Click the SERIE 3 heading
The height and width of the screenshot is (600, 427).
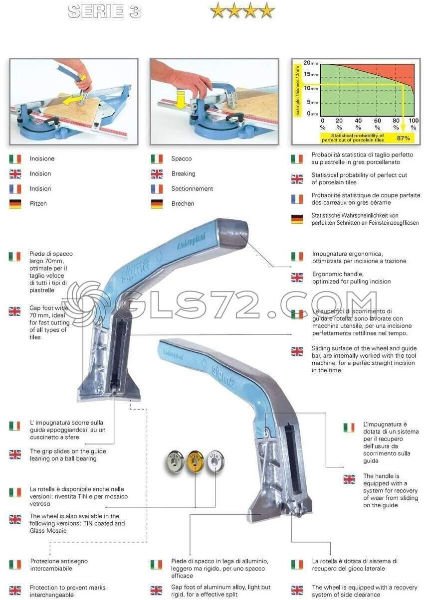pos(104,11)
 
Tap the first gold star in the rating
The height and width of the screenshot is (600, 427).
pos(217,10)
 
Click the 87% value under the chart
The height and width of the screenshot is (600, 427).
pos(404,138)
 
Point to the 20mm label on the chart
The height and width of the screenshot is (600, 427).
pos(310,63)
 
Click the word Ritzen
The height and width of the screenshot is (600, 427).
pos(38,204)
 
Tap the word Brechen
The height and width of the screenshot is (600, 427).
pos(183,204)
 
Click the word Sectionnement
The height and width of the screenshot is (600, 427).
pos(192,189)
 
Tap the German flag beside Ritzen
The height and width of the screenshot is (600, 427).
pos(15,204)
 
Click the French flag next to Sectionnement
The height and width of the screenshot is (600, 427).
pos(157,189)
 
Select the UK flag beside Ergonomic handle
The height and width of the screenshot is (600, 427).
pos(297,278)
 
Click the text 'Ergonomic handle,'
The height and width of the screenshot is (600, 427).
pos(338,274)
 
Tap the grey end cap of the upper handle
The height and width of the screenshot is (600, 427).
pos(233,233)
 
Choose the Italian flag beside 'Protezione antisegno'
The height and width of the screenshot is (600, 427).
pos(15,565)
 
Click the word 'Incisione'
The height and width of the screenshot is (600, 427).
pos(42,159)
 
